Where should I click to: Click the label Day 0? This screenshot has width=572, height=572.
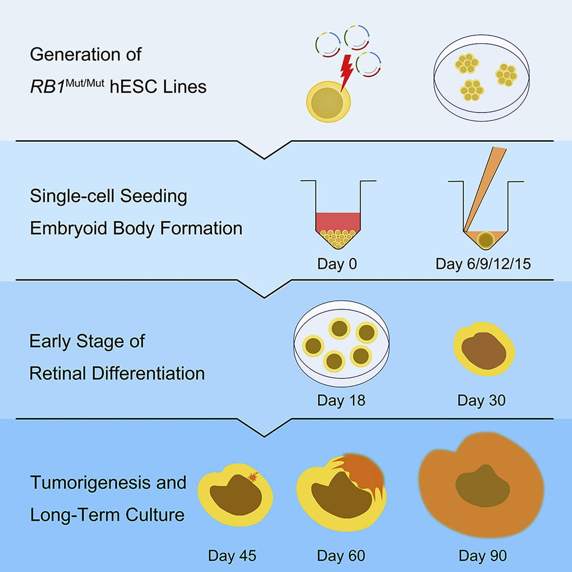pyautogui.click(x=337, y=265)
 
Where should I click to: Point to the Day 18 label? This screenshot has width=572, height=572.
pyautogui.click(x=341, y=400)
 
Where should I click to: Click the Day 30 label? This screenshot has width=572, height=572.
pyautogui.click(x=481, y=400)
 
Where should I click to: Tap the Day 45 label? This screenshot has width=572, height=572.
pyautogui.click(x=232, y=555)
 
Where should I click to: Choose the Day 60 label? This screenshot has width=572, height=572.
pyautogui.click(x=341, y=555)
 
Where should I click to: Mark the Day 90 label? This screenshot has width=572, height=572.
pyautogui.click(x=482, y=555)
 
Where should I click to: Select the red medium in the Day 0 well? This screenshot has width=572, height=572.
pyautogui.click(x=337, y=222)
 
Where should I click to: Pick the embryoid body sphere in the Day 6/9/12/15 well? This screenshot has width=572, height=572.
pyautogui.click(x=488, y=238)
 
